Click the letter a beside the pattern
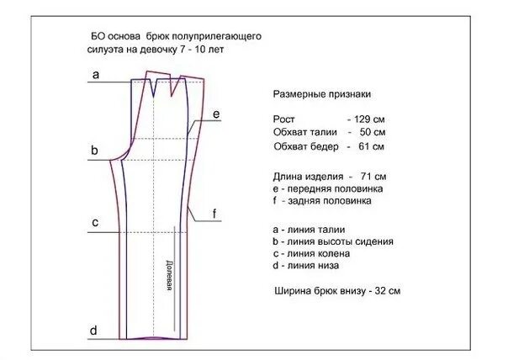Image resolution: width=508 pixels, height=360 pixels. coord(96,75)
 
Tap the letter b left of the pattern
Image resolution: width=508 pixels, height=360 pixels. coord(96,151)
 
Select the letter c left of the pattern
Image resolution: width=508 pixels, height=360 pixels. coord(96,223)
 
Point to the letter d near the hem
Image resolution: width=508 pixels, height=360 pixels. coord(94,329)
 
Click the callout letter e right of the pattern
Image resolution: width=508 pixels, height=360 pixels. coord(216,114)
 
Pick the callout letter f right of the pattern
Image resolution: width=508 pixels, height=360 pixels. coord(215,214)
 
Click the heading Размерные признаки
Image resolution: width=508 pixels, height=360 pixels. coord(323,95)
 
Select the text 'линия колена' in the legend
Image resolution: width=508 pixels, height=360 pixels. coord(315,254)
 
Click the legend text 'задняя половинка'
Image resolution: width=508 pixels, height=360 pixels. coord(326,201)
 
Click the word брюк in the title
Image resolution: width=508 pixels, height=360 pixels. coord(171,36)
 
